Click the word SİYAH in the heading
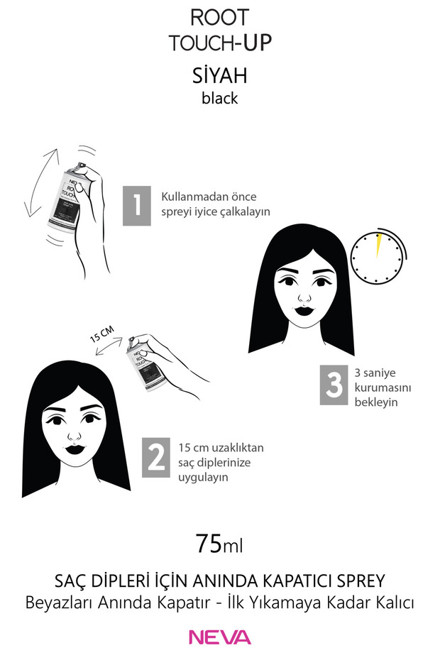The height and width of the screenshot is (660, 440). [219, 76]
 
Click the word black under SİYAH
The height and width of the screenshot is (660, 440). [219, 99]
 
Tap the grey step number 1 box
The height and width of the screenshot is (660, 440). [137, 206]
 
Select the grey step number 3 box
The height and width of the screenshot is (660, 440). [334, 385]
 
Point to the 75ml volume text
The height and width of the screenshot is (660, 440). [219, 545]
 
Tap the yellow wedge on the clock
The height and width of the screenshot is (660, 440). [378, 244]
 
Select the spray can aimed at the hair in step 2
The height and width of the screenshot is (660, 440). [142, 368]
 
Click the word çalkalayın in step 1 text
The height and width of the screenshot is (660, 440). [246, 211]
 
